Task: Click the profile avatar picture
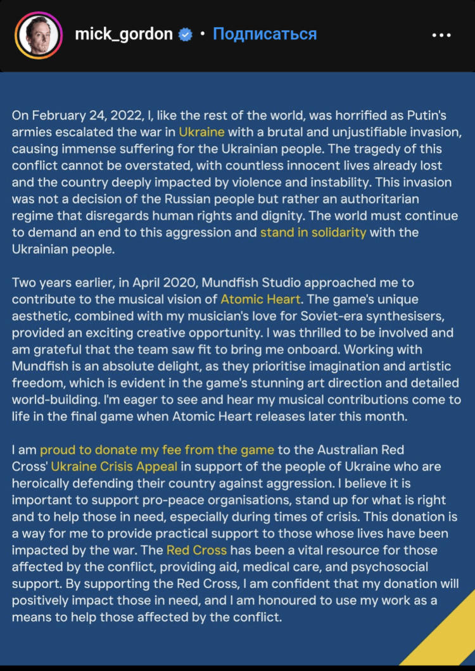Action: (x=39, y=35)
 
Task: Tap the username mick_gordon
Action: (x=123, y=34)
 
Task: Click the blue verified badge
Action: (x=185, y=35)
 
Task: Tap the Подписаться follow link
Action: (x=264, y=34)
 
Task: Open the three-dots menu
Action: (x=441, y=35)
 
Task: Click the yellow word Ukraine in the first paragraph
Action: (x=201, y=132)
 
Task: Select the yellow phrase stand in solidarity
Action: (x=313, y=232)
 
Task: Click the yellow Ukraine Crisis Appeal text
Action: (x=115, y=467)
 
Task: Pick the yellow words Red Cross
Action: (x=196, y=549)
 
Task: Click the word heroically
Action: (x=42, y=484)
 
